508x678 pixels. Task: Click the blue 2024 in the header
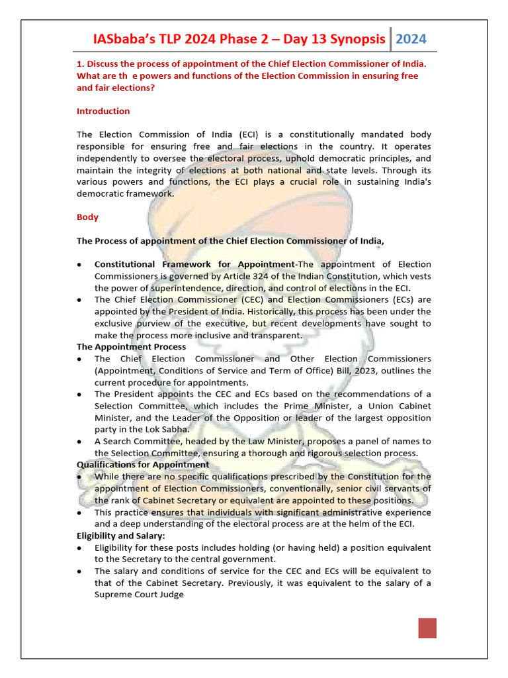[x=411, y=39]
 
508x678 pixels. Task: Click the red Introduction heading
[x=103, y=111]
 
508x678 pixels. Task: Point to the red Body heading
[x=87, y=217]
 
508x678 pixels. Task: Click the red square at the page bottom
[x=427, y=628]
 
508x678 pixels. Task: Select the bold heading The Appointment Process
[x=131, y=347]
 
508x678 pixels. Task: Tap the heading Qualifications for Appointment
[x=143, y=465]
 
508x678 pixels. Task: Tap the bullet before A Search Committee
[x=80, y=442]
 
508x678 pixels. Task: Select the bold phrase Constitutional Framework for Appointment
[x=194, y=264]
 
